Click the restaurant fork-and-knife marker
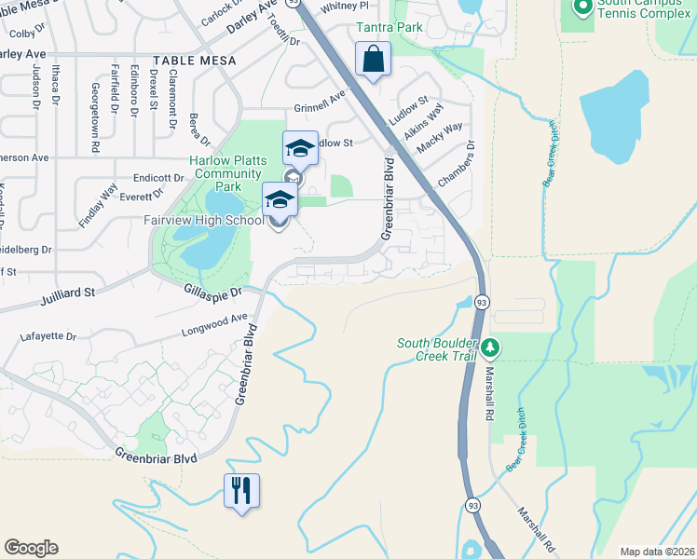coord(241,489)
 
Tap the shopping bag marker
coord(373,60)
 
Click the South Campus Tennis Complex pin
coord(583,8)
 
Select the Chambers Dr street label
coord(457,163)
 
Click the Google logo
coord(31,548)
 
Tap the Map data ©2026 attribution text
coord(656,552)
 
